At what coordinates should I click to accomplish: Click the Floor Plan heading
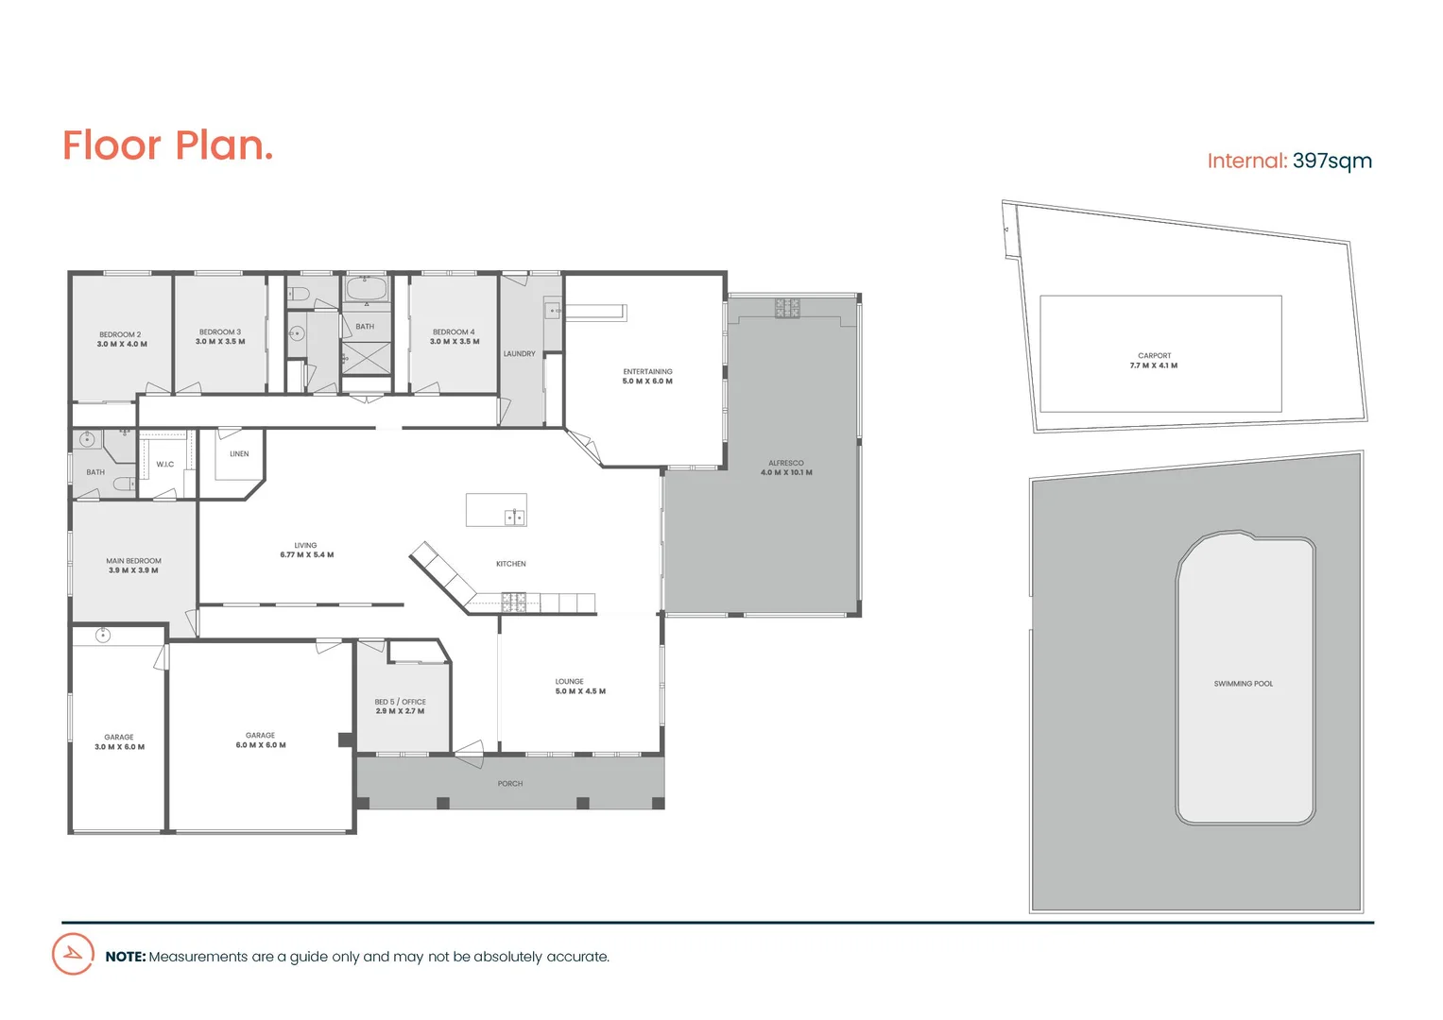(x=167, y=146)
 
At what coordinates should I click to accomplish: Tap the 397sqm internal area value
(x=1331, y=161)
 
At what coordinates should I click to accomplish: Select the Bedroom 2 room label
(x=120, y=334)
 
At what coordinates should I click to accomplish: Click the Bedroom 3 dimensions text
(x=220, y=342)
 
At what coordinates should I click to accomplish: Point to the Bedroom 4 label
(x=454, y=331)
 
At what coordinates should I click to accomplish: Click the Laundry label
(x=519, y=354)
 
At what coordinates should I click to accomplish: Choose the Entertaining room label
(x=647, y=371)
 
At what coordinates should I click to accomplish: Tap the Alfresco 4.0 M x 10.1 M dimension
(x=786, y=473)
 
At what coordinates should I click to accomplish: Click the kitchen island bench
(x=496, y=509)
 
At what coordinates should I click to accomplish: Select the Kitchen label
(x=510, y=564)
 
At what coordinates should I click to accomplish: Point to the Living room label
(x=305, y=545)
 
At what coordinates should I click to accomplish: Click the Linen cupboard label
(x=239, y=454)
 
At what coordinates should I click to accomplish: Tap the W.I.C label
(x=165, y=465)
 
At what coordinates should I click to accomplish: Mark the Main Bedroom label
(x=133, y=561)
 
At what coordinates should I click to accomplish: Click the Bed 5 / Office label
(x=400, y=702)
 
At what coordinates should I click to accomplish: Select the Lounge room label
(x=569, y=681)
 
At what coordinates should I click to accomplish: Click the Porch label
(x=509, y=784)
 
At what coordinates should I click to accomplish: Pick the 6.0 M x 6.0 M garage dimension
(x=261, y=745)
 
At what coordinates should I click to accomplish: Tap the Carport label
(x=1154, y=356)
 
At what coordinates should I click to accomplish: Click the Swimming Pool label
(x=1243, y=684)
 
